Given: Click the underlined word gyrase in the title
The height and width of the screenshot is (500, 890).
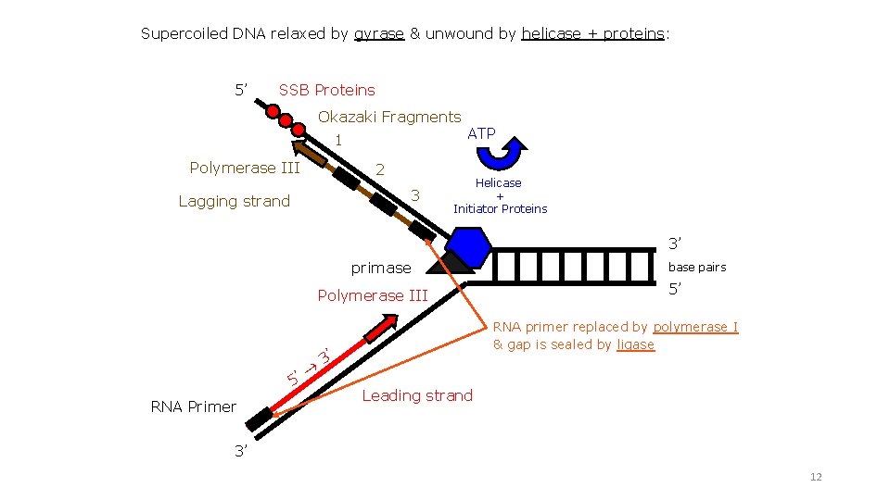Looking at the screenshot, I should (379, 33).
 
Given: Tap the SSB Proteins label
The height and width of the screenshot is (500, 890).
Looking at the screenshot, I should (326, 90).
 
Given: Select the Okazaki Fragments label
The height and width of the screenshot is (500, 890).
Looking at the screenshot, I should (389, 117).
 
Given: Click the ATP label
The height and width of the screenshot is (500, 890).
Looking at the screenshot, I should (481, 133).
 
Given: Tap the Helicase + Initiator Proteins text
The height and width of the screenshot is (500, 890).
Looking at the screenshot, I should (500, 196).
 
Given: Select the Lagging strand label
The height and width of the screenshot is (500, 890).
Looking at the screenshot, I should (234, 201).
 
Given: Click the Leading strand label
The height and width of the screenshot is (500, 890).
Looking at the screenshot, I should (417, 395).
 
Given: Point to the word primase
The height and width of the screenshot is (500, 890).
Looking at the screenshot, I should (380, 268).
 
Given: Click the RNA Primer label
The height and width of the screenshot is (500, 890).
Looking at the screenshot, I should (193, 406).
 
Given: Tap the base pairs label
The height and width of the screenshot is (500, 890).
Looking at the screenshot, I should (698, 268).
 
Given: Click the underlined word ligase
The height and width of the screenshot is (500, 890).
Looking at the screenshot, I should (635, 344).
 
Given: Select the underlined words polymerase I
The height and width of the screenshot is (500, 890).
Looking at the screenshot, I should (695, 327).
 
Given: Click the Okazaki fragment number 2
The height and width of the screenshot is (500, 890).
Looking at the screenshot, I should (379, 170).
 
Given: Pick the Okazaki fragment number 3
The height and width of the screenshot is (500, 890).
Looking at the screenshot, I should (415, 194).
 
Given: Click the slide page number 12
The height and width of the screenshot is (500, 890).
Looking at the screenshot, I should (816, 477).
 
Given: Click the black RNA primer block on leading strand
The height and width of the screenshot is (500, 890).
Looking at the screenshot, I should (260, 418).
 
